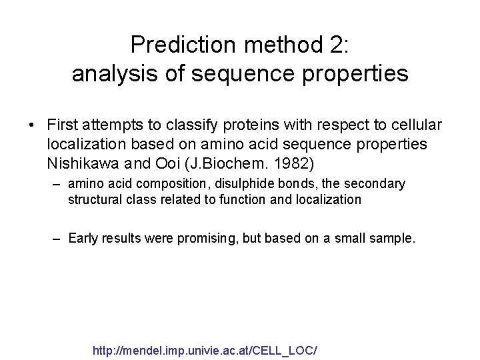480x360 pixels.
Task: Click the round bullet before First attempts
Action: click(32, 125)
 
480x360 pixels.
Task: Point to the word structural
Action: click(91, 199)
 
